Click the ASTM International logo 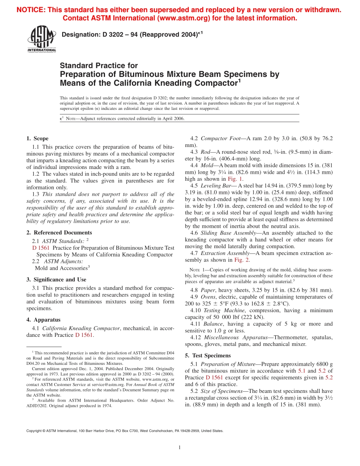pyautogui.click(x=41, y=39)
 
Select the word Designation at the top pyautogui.click(x=80, y=35)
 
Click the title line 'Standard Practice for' pyautogui.click(x=99, y=66)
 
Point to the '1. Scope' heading pyautogui.click(x=38, y=139)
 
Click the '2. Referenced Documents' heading pyautogui.click(x=59, y=233)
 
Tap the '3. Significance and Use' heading pyautogui.click(x=56, y=280)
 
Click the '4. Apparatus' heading pyautogui.click(x=44, y=320)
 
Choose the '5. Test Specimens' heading pyautogui.click(x=208, y=355)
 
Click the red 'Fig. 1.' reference pyautogui.click(x=235, y=179)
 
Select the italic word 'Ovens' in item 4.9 pyautogui.click(x=211, y=297)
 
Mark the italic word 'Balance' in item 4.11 pyautogui.click(x=213, y=324)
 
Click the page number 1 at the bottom pyautogui.click(x=180, y=448)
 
